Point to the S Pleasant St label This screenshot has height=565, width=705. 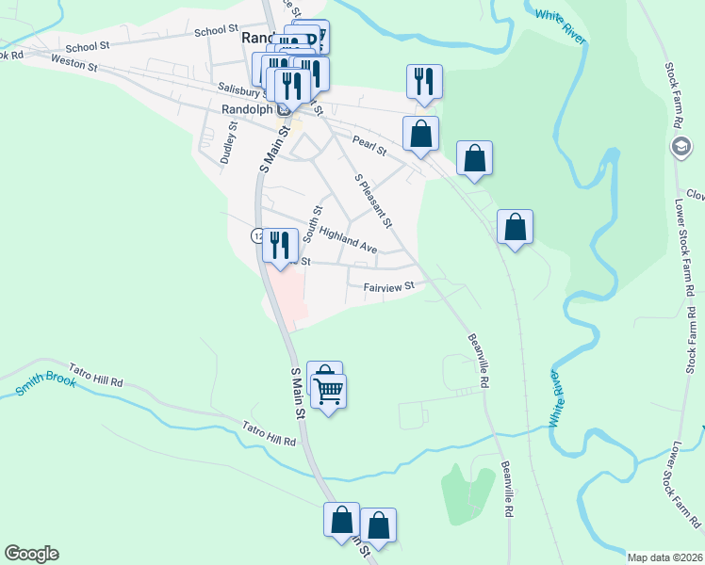point(372,200)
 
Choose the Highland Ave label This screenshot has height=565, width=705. point(348,240)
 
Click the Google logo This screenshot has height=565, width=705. point(31,554)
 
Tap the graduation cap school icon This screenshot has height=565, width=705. point(680,147)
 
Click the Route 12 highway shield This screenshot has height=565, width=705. point(256,234)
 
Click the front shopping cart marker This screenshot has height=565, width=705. point(329,390)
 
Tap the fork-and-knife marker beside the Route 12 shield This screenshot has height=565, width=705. point(280,246)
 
